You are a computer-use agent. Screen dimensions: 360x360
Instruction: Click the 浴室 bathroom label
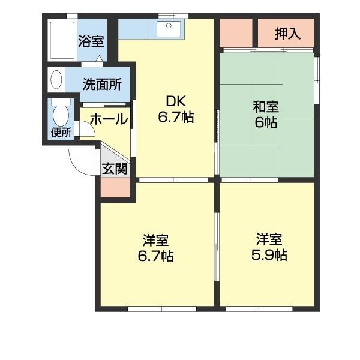91,42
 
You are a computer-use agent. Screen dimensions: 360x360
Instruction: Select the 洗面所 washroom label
102,84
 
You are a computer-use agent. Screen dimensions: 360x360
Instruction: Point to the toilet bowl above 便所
60,113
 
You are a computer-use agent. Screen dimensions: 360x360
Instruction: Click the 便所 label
61,133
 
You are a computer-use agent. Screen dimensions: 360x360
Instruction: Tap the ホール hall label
109,119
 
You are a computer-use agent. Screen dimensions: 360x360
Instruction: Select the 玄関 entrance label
114,168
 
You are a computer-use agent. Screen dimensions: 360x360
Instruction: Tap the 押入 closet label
287,34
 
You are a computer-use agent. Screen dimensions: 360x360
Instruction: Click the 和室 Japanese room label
265,108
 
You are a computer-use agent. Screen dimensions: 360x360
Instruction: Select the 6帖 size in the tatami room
265,124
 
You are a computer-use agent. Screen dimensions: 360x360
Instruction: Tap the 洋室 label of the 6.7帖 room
155,241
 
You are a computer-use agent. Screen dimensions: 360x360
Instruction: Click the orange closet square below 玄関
115,188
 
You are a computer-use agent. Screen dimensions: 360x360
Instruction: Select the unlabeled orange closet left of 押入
236,33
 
